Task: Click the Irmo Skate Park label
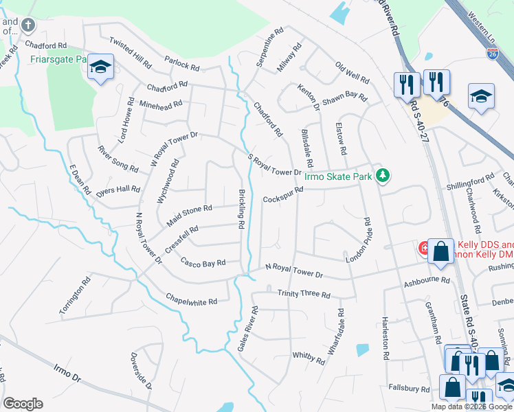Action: coord(344,176)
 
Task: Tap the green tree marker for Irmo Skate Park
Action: coord(383,176)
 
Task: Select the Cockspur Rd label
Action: coord(283,194)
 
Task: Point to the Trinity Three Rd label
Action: coord(304,294)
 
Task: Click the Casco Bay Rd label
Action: coord(203,262)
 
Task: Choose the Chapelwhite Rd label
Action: coord(192,299)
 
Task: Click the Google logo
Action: coord(23,404)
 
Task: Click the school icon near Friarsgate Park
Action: coord(101,67)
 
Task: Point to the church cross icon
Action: coord(28,26)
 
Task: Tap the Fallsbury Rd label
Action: coord(407,388)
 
